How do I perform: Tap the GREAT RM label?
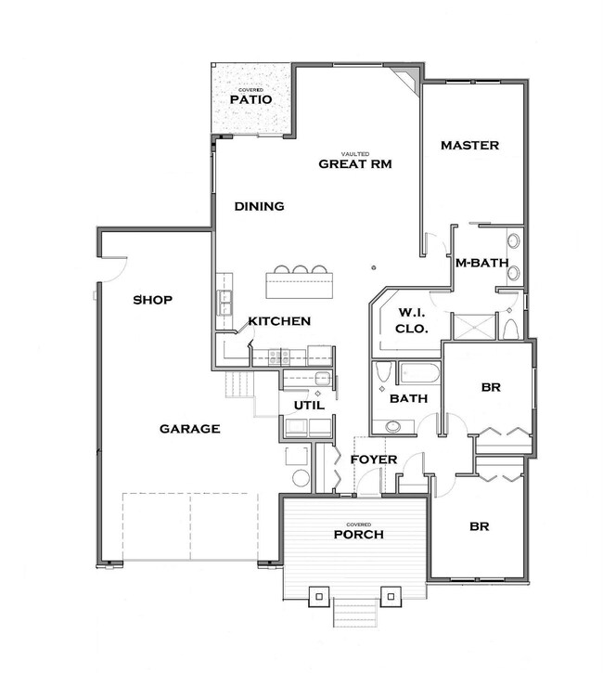click(355, 163)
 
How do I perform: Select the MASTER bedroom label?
click(469, 146)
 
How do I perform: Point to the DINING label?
click(259, 206)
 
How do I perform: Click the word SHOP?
click(154, 300)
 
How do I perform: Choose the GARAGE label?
click(189, 429)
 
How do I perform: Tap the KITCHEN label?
click(278, 321)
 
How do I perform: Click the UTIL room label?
click(309, 406)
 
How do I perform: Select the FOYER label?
click(374, 459)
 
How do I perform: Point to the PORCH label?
click(358, 535)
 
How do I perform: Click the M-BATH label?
click(481, 263)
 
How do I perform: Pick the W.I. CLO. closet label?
click(411, 319)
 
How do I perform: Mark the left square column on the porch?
click(318, 594)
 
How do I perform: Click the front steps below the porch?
click(356, 614)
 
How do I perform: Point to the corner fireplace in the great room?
click(407, 79)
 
